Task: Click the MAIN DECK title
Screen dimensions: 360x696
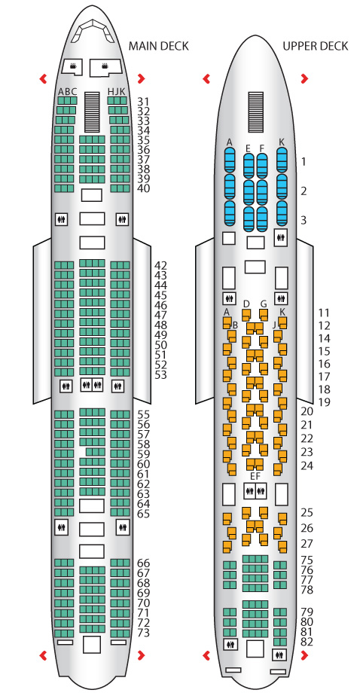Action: tap(158, 46)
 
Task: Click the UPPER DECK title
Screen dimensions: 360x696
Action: tap(315, 46)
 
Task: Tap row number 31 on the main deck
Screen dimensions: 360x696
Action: tap(143, 101)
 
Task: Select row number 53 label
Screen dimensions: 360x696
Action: tap(160, 375)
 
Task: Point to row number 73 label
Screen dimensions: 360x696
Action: tap(143, 633)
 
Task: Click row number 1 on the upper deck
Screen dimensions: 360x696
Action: tap(304, 161)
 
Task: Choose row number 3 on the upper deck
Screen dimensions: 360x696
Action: tap(304, 220)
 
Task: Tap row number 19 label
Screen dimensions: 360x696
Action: tap(325, 402)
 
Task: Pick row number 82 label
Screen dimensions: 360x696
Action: tap(307, 642)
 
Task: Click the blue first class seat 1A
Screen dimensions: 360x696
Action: tap(230, 160)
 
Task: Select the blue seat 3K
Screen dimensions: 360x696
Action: tap(282, 213)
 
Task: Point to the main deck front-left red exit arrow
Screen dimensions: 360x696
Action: tap(44, 79)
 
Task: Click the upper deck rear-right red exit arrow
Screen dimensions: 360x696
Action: tap(304, 655)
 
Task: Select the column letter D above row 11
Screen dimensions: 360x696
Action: tap(246, 304)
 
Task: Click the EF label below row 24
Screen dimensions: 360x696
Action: tap(255, 476)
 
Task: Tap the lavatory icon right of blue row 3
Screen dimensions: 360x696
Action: tap(280, 237)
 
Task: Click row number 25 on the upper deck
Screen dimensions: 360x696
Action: tap(307, 513)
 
